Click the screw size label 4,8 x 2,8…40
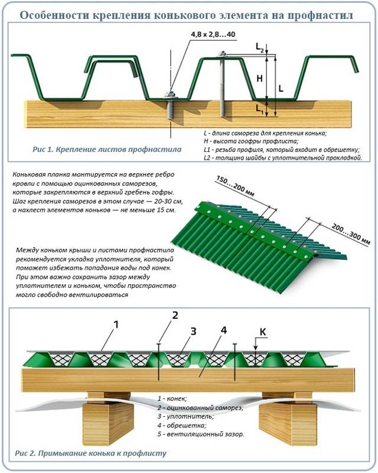(x=213, y=34)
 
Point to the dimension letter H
(x=259, y=79)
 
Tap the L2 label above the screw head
(x=260, y=47)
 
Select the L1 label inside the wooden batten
(x=259, y=109)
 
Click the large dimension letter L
(x=281, y=89)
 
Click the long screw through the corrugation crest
(x=223, y=85)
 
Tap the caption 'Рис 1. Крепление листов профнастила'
(x=107, y=150)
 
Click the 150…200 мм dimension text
(x=236, y=187)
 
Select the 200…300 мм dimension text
(x=351, y=233)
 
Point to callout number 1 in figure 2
(x=116, y=325)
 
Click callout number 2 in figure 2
(x=175, y=315)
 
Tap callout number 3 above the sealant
(x=193, y=331)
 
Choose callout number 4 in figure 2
(x=223, y=331)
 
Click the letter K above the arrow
(x=263, y=332)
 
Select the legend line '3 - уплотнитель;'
(x=185, y=417)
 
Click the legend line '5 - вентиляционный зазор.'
(x=200, y=435)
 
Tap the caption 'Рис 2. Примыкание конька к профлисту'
(x=90, y=453)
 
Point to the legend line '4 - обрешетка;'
(x=182, y=426)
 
